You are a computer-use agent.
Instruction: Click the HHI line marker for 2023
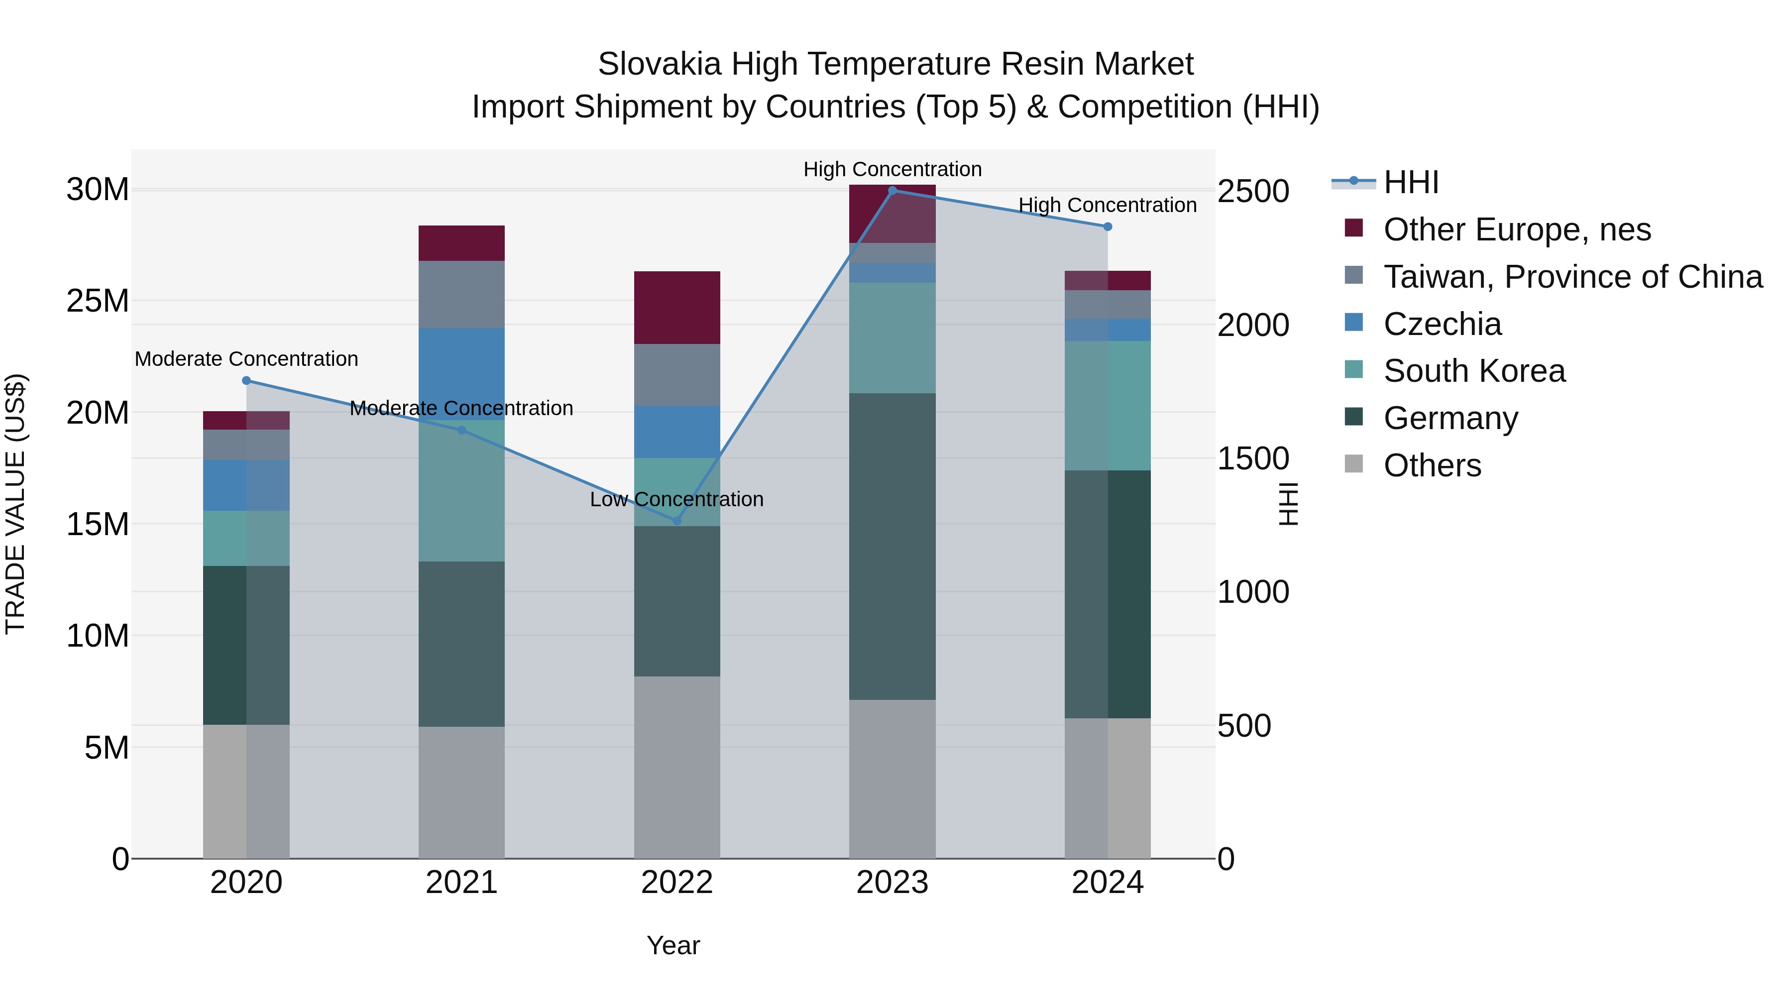coord(893,190)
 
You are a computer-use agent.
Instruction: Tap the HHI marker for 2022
coord(677,520)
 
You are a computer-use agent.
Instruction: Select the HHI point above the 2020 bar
coord(246,380)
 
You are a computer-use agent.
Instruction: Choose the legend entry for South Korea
coord(1473,371)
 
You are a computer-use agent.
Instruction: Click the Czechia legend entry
coord(1442,324)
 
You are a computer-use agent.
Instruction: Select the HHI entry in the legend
coord(1410,182)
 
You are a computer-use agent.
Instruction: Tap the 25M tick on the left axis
coord(98,301)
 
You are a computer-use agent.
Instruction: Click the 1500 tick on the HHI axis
coord(1253,458)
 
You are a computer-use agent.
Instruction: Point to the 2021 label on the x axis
coord(461,883)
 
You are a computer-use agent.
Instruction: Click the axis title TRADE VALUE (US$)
coord(15,504)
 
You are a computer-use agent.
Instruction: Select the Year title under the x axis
coord(672,945)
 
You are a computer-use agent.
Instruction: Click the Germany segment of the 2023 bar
coord(892,546)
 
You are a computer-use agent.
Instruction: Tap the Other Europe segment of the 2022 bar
coord(677,308)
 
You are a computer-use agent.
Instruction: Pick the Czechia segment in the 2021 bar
coord(461,373)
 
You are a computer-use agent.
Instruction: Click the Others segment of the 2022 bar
coord(677,767)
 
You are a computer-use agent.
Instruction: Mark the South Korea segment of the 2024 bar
coord(1108,406)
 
